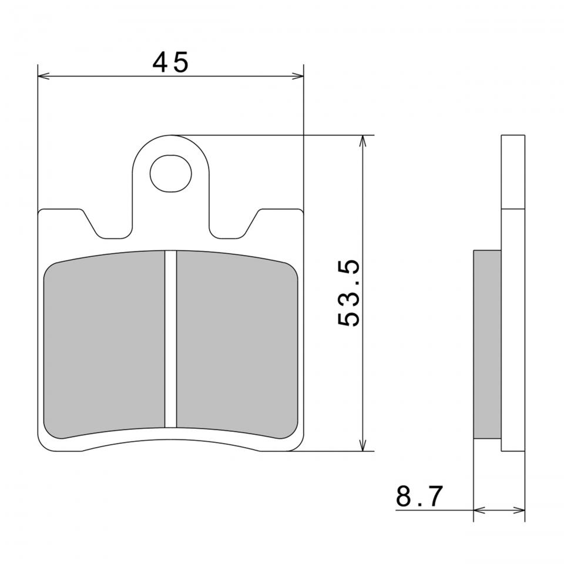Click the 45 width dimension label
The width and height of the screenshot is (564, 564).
pyautogui.click(x=170, y=62)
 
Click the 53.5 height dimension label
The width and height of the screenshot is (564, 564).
pyautogui.click(x=349, y=293)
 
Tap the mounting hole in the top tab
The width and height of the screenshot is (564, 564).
pyautogui.click(x=170, y=173)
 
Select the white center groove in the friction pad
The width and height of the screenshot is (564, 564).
pyautogui.click(x=170, y=339)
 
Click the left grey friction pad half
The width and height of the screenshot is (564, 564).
pyautogui.click(x=104, y=344)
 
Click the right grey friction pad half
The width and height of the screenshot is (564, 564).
pyautogui.click(x=237, y=344)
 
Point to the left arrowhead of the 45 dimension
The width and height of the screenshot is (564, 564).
pyautogui.click(x=43, y=76)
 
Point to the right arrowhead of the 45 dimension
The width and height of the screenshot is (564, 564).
pyautogui.click(x=297, y=76)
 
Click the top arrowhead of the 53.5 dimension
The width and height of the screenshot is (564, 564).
pyautogui.click(x=363, y=141)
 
